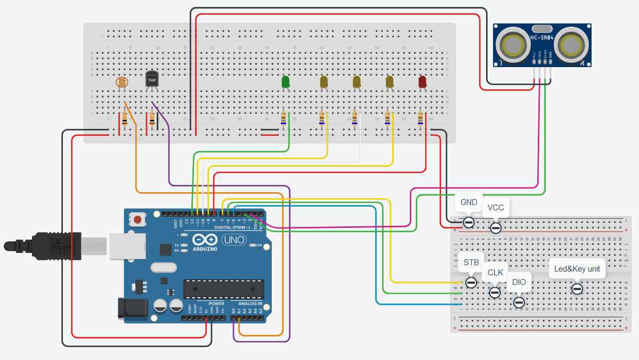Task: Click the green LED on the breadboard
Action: click(x=285, y=82)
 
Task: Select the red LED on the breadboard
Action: click(x=422, y=81)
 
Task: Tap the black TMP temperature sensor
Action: click(x=152, y=79)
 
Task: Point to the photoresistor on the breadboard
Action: click(x=123, y=82)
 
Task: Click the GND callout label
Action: click(x=469, y=202)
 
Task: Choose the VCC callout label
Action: click(x=496, y=207)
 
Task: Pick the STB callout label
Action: click(x=471, y=263)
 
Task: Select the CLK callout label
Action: click(x=495, y=272)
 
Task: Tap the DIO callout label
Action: click(x=519, y=282)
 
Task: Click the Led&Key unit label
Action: click(x=577, y=269)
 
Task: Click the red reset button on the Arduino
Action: click(x=138, y=219)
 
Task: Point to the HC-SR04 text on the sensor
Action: click(x=543, y=38)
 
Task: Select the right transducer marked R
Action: click(x=571, y=46)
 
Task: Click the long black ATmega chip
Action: click(x=223, y=289)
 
